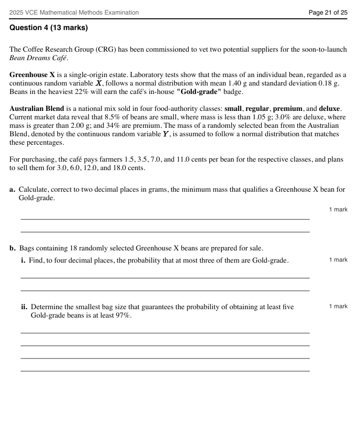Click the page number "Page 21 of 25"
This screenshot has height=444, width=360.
tap(328, 13)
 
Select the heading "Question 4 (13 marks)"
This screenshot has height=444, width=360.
tap(48, 28)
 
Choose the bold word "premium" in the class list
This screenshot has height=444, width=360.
tap(287, 109)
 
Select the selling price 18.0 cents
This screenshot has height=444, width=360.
tap(125, 168)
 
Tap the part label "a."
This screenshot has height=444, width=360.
tap(12, 190)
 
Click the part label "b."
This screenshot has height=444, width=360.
tap(13, 248)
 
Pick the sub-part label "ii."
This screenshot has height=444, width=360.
tap(24, 307)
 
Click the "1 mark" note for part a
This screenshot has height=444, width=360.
tap(338, 210)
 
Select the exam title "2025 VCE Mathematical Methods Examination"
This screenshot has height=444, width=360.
tap(74, 13)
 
